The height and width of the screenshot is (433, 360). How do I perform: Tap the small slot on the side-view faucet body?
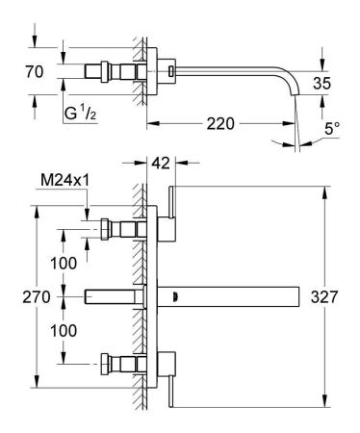pyautogui.click(x=171, y=71)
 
